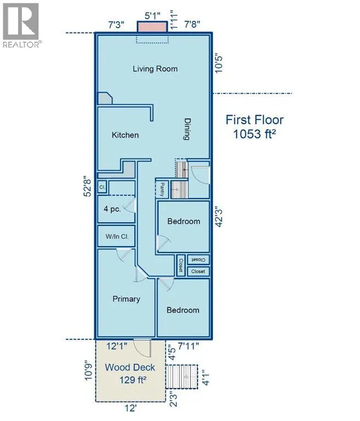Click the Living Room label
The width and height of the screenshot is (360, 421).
click(x=155, y=69)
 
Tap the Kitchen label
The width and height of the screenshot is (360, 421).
click(x=125, y=135)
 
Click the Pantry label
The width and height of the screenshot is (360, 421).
click(x=162, y=189)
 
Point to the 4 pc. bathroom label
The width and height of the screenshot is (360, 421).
click(x=113, y=209)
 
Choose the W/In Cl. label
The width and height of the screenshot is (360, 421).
click(x=117, y=237)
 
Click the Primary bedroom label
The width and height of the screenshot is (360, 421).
click(x=126, y=299)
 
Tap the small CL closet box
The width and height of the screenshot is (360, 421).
click(x=102, y=187)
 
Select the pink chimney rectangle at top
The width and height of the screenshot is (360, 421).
click(x=153, y=27)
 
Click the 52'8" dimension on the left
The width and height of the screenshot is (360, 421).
click(x=88, y=186)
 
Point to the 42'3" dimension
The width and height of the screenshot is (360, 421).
click(x=219, y=217)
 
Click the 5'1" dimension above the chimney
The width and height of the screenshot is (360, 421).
click(x=153, y=15)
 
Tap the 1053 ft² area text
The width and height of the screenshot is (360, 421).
click(x=254, y=134)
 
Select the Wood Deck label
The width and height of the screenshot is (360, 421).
click(x=130, y=367)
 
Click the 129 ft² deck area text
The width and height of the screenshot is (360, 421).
click(x=133, y=380)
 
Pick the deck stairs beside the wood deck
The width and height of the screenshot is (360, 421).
click(x=182, y=377)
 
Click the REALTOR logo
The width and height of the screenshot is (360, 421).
click(x=21, y=25)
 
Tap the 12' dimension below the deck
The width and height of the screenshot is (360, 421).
click(x=131, y=408)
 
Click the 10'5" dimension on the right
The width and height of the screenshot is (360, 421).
click(x=219, y=64)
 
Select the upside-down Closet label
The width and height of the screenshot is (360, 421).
click(x=198, y=260)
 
